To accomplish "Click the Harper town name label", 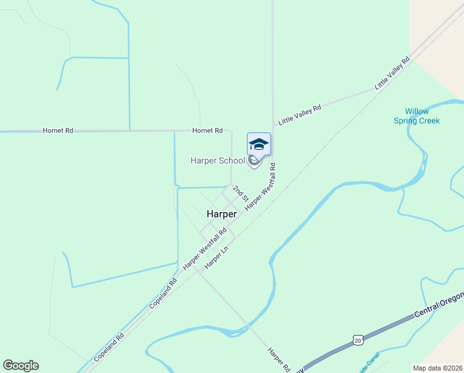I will click(221, 214).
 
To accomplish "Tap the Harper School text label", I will click(217, 161).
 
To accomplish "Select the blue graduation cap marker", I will click(259, 145).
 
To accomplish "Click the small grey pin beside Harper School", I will click(254, 162).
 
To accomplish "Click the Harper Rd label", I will click(279, 359).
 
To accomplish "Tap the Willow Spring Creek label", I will click(417, 116).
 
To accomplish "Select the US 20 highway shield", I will click(357, 339).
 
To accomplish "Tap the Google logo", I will click(20, 366).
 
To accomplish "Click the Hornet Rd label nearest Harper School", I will click(207, 131).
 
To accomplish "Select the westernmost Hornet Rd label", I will click(58, 131).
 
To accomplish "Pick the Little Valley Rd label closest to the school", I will click(300, 116).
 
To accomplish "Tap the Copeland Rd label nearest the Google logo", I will click(109, 348).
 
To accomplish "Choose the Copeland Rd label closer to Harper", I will click(164, 294).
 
